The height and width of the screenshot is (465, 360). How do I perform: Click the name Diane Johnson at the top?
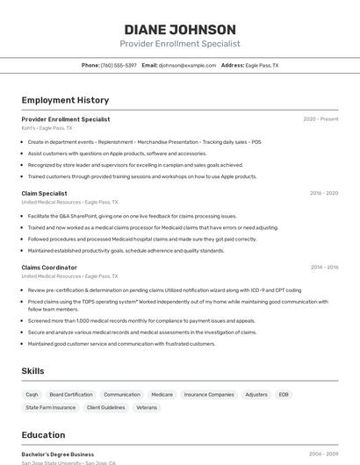[x=179, y=29]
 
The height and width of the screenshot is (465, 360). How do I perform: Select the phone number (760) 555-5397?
[x=119, y=66]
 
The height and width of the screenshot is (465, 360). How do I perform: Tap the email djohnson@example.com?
[x=187, y=66]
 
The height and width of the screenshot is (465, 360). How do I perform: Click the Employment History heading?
[x=65, y=100]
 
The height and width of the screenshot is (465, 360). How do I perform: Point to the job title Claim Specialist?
[x=44, y=193]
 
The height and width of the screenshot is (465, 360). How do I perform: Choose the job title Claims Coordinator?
[x=49, y=267]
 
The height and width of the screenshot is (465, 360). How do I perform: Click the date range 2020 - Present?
[x=320, y=119]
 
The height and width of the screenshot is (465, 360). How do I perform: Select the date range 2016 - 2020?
[x=324, y=193]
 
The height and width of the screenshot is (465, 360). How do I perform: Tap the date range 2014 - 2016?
[x=324, y=267]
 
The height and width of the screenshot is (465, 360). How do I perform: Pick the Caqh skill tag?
[x=32, y=395]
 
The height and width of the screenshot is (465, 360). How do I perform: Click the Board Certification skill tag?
[x=71, y=395]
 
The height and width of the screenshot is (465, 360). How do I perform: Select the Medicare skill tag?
[x=162, y=395]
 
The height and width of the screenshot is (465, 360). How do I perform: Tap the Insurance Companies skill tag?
[x=209, y=395]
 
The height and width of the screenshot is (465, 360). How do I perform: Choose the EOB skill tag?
[x=284, y=395]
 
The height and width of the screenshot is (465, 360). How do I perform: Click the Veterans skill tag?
[x=147, y=408]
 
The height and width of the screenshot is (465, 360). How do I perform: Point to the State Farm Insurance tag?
[x=51, y=408]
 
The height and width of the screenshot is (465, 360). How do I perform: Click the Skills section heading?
[x=32, y=371]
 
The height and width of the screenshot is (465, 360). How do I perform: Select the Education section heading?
[x=43, y=435]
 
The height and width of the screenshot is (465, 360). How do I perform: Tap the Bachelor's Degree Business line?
[x=58, y=454]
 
